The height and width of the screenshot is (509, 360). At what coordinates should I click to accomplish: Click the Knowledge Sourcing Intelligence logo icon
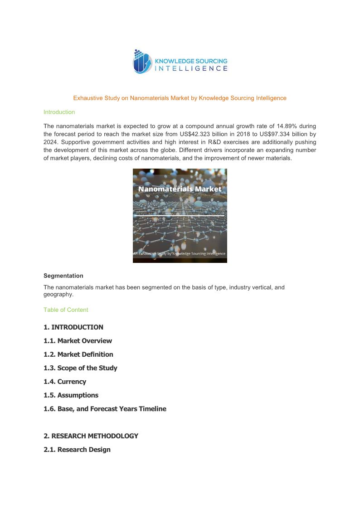(x=142, y=62)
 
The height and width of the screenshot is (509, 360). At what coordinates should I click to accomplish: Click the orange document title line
(x=180, y=98)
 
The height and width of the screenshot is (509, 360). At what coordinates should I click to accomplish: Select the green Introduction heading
(x=59, y=112)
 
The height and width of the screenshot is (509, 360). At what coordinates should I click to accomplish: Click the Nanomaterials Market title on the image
(x=180, y=189)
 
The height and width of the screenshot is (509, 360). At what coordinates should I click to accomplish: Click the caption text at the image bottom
(x=180, y=254)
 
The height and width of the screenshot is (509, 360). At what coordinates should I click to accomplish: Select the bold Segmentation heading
(x=63, y=276)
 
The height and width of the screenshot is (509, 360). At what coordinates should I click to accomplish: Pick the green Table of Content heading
(x=66, y=310)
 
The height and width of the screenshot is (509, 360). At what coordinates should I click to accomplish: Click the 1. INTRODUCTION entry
(x=73, y=327)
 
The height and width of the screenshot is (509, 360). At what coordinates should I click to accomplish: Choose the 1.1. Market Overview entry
(x=78, y=341)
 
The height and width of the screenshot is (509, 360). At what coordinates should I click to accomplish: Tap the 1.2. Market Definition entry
(x=78, y=354)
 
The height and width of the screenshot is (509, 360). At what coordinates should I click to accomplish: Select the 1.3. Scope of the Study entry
(x=80, y=368)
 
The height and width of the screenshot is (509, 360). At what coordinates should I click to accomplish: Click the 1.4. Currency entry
(x=65, y=382)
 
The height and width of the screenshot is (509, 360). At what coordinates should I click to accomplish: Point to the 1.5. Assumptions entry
(x=71, y=395)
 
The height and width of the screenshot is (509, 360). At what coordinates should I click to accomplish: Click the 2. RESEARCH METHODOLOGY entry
(x=91, y=436)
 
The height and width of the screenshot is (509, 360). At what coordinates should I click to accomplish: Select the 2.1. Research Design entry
(x=77, y=450)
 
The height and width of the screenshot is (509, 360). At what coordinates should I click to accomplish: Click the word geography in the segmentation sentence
(x=58, y=295)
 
